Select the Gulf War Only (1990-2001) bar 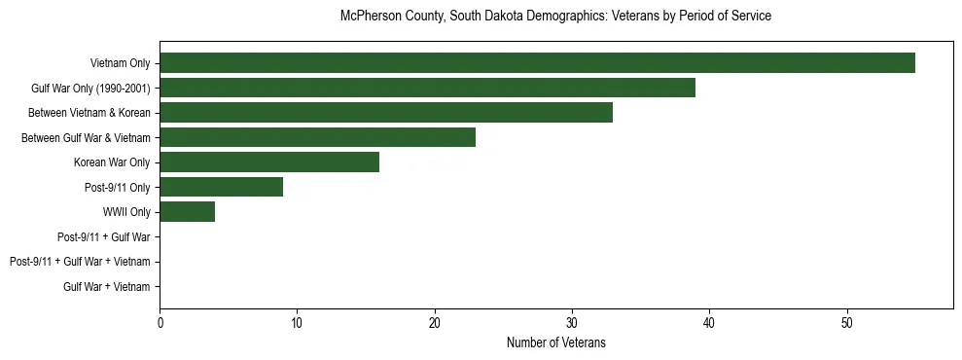click(x=427, y=88)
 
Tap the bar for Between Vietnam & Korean click(x=386, y=113)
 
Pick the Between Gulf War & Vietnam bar click(x=317, y=137)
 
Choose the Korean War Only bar click(x=269, y=162)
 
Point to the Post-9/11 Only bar click(x=221, y=187)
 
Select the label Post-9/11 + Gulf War click(x=103, y=236)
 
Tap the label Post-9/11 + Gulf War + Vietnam click(x=80, y=262)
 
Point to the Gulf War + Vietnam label click(x=107, y=287)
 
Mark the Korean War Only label click(x=112, y=162)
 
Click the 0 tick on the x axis click(x=160, y=322)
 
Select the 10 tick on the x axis click(x=297, y=322)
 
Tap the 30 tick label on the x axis click(x=572, y=322)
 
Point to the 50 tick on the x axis click(x=847, y=322)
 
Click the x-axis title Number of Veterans click(x=556, y=342)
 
